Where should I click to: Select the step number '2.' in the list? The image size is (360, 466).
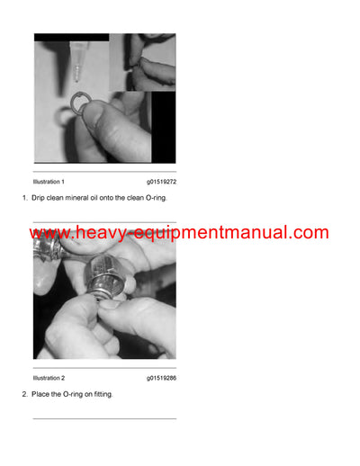pos(25,394)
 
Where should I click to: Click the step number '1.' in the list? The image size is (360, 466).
pos(25,198)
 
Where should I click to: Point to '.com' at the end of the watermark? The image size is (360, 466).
pos(309,233)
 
